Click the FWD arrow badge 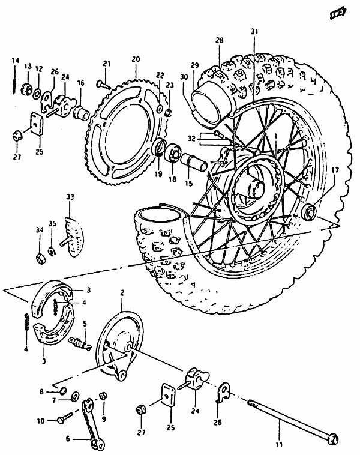point(338,13)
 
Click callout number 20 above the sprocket point(136,59)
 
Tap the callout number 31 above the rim point(254,32)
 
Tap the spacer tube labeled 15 point(194,162)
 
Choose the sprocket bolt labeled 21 point(104,85)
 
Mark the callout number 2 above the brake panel point(122,292)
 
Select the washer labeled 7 point(75,396)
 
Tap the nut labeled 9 point(103,396)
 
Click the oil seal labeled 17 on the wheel point(309,212)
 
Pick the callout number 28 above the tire point(220,40)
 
